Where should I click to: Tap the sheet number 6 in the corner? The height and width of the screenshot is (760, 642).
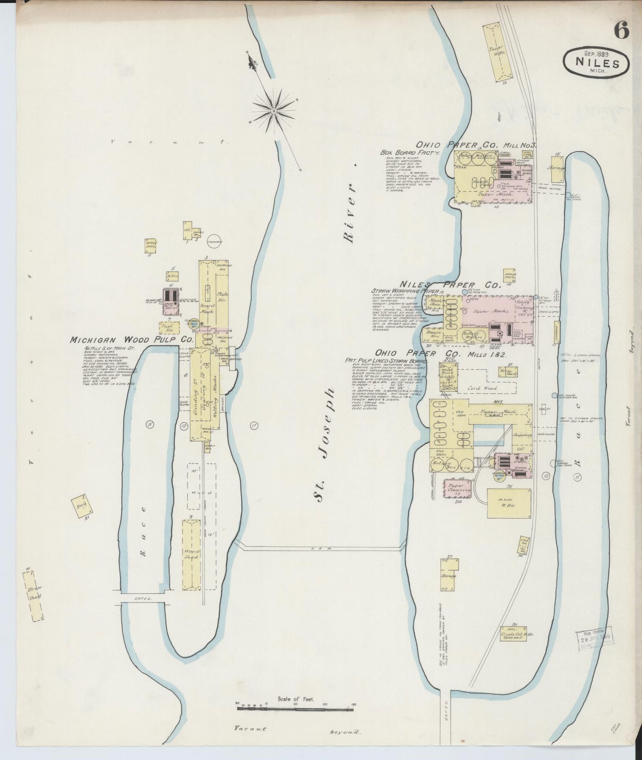click(621, 31)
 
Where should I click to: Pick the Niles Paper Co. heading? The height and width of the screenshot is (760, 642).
click(450, 284)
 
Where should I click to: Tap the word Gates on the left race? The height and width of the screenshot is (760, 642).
click(143, 599)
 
